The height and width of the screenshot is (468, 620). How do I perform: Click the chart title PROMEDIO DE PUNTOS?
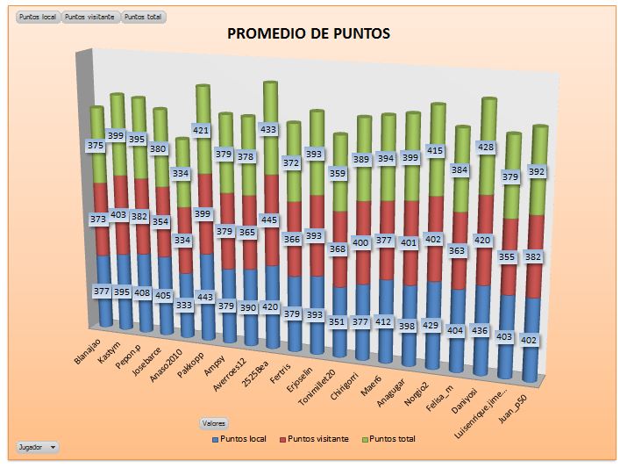(x=309, y=34)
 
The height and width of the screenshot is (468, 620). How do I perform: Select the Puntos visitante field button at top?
(x=91, y=17)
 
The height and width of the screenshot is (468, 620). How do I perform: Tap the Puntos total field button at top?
(x=144, y=17)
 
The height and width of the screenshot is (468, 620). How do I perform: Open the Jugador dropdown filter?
(x=38, y=447)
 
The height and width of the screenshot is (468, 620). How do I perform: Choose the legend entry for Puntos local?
(x=240, y=438)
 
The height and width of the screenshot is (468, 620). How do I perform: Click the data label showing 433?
(x=269, y=129)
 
